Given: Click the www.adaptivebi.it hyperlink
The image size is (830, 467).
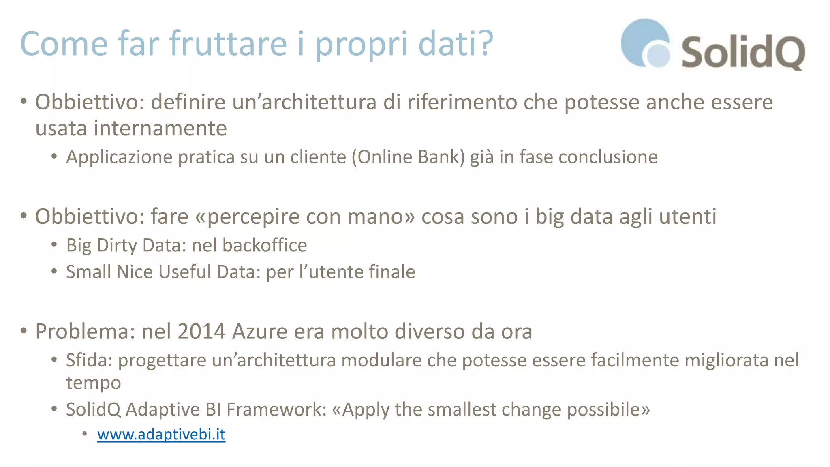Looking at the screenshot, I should click(x=161, y=435).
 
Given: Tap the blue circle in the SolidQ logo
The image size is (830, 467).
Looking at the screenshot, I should click(x=644, y=43).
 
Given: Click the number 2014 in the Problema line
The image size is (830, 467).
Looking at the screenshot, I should click(x=201, y=332).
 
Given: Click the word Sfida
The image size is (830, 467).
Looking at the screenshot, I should click(x=88, y=360).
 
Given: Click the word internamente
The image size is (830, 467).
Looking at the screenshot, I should click(x=160, y=129).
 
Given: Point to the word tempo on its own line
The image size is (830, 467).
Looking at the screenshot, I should click(x=94, y=383).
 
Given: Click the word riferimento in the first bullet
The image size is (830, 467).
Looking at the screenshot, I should click(x=462, y=102).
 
